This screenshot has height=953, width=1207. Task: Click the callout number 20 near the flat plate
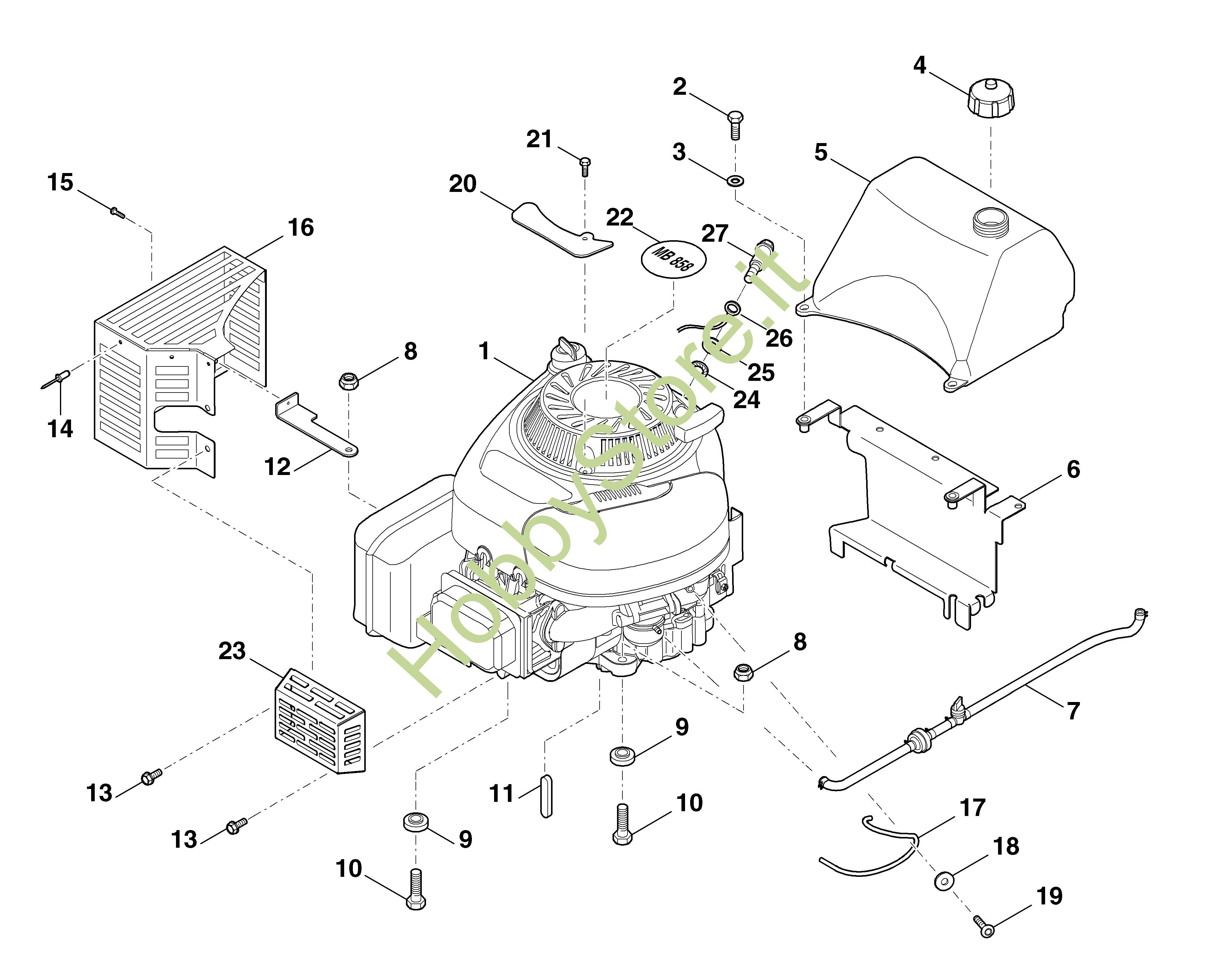click(x=462, y=184)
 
